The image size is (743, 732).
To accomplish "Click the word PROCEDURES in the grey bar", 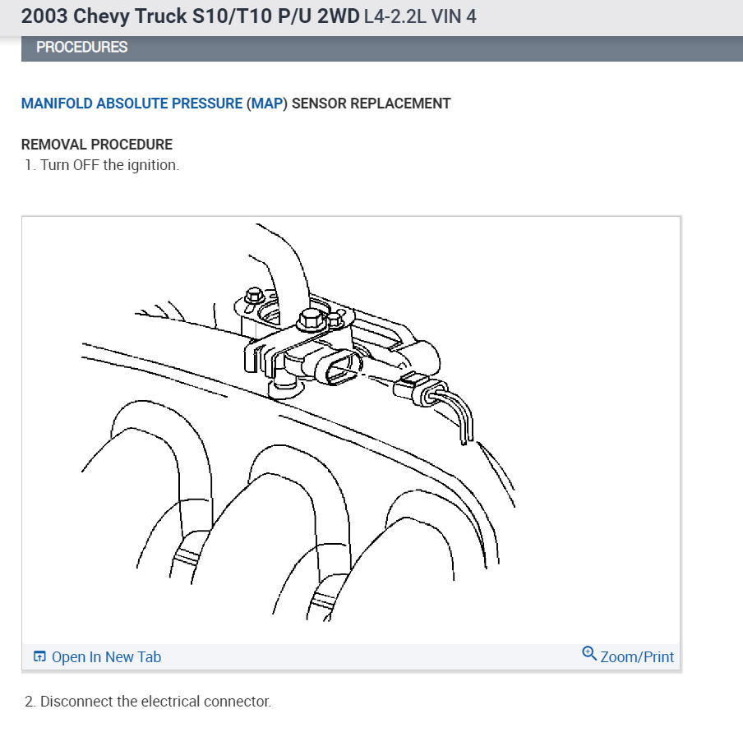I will coord(81,48).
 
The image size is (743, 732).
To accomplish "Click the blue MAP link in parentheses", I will coord(266,104).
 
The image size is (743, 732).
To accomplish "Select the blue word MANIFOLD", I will coord(57,104).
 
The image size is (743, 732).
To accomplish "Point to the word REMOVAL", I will coord(50,145).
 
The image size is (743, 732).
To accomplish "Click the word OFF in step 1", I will coord(86,165).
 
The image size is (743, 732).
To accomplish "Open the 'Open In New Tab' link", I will coord(106,656).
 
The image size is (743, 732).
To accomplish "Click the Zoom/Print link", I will coord(637,656).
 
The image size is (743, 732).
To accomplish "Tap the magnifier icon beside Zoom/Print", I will coord(589,654).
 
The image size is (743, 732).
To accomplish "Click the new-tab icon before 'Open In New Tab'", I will coord(39,656).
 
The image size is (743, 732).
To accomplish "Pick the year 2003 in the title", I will coord(44,16).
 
